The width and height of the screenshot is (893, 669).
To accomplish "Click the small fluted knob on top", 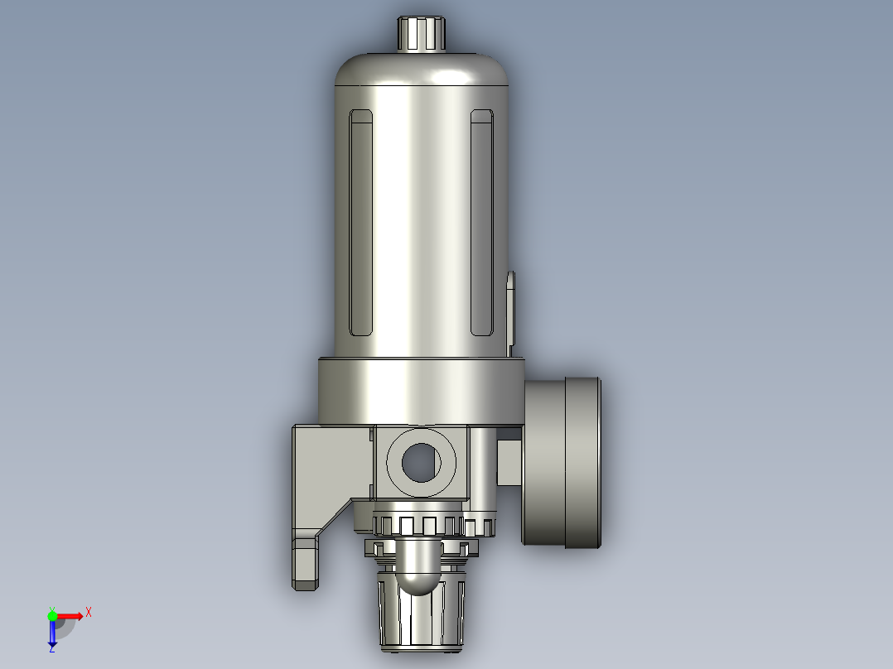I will point(421,33).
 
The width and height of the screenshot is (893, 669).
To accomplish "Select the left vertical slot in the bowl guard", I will point(361,224).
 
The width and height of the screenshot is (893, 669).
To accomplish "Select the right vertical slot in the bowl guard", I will point(482,224).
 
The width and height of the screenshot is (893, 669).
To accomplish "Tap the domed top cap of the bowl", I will point(421,70).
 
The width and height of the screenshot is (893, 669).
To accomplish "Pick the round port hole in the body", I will point(422,462).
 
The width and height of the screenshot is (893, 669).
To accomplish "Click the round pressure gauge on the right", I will point(562,462).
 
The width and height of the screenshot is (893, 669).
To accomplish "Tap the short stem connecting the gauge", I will point(509,462).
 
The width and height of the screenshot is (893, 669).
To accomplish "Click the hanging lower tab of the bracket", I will point(305,563).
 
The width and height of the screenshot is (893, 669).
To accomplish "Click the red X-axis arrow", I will point(70,615).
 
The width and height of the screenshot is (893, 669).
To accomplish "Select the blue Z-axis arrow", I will point(52,633).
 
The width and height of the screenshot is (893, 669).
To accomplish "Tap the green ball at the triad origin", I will point(52,615).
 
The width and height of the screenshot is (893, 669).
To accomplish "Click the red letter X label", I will point(89,613).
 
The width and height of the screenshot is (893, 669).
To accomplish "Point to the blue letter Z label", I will point(51,649).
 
